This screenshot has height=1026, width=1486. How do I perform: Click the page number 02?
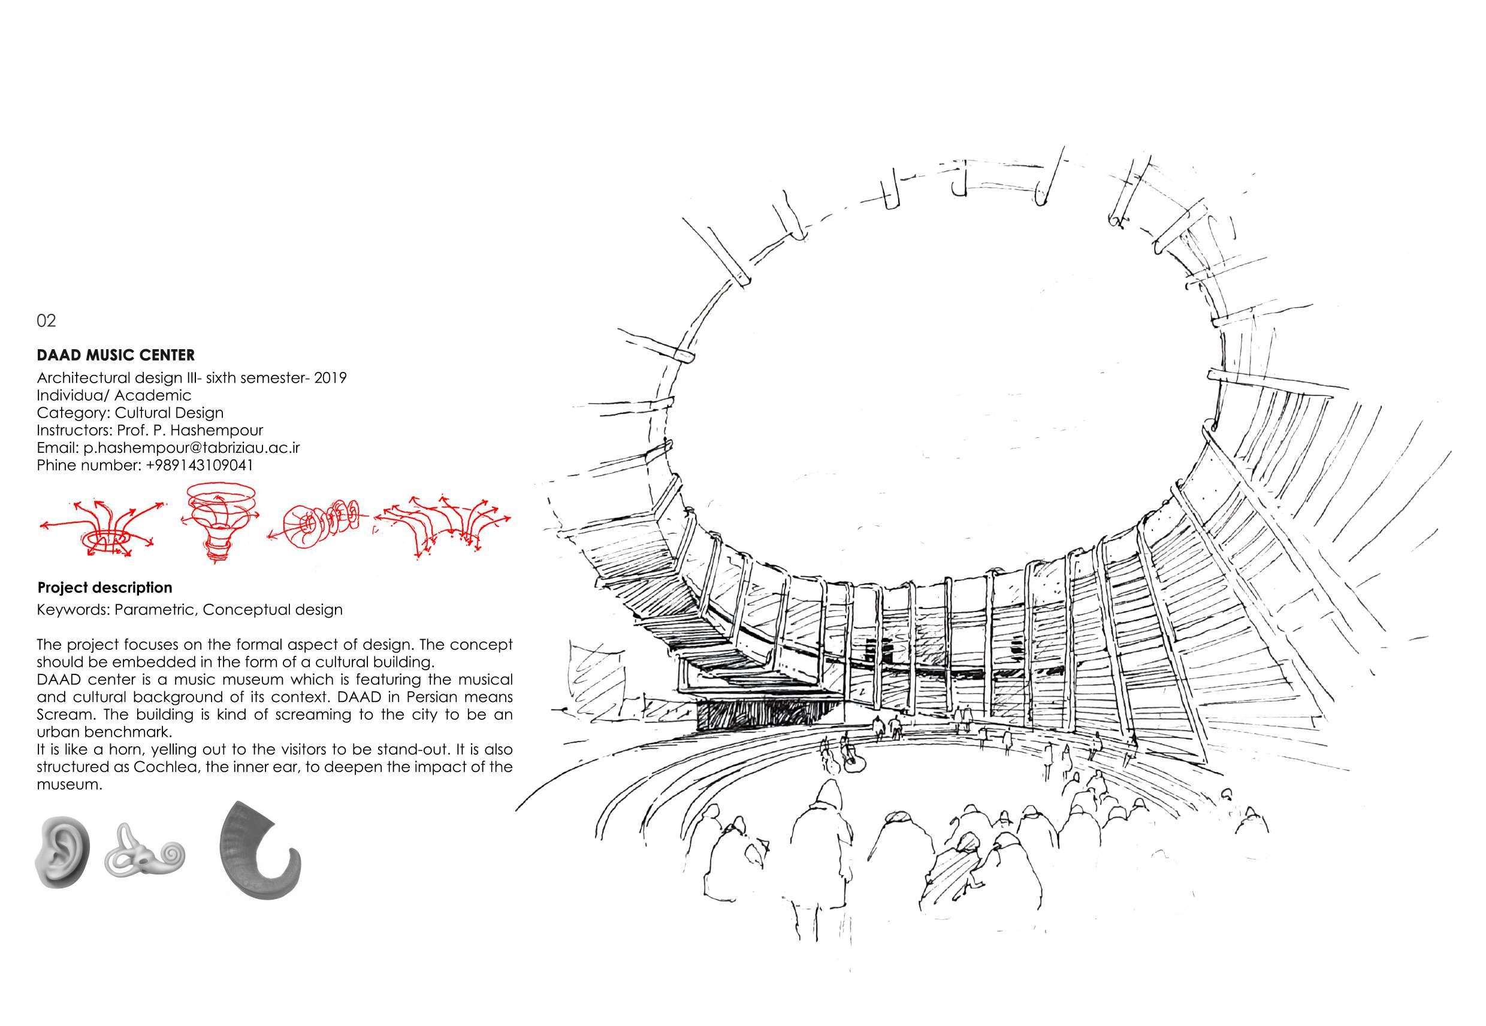click(46, 320)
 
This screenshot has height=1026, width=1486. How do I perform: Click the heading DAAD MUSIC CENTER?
click(116, 355)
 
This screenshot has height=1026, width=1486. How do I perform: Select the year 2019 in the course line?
click(331, 377)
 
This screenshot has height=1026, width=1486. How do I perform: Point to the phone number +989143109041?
click(200, 465)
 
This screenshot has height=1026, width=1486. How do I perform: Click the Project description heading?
click(105, 588)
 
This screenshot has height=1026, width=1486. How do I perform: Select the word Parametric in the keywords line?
click(155, 609)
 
